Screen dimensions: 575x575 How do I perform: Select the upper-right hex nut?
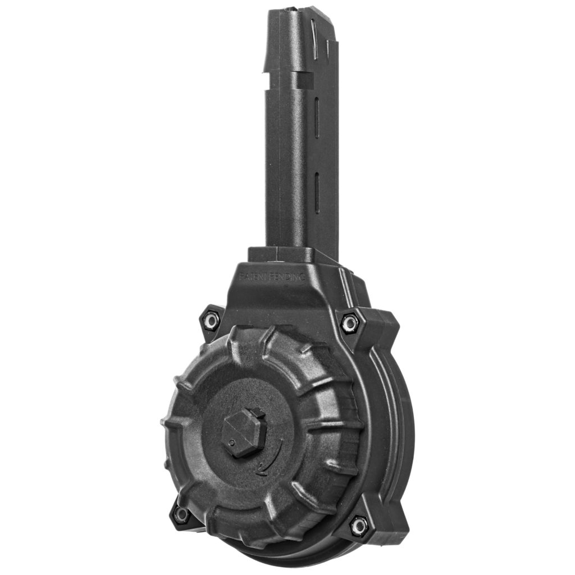tap(349, 322)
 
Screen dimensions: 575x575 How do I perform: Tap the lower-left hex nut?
tap(181, 513)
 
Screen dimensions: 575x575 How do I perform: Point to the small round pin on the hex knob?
tap(231, 444)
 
